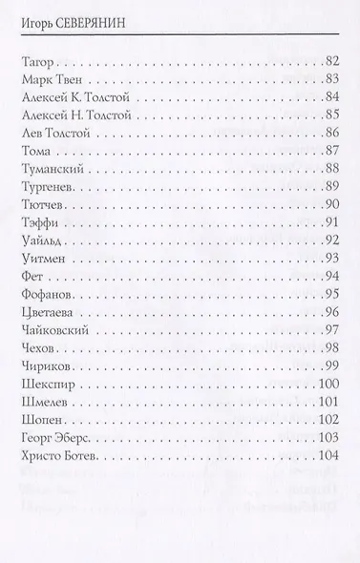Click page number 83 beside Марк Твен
[332, 79]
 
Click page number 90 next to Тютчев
[332, 204]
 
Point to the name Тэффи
[36, 222]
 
